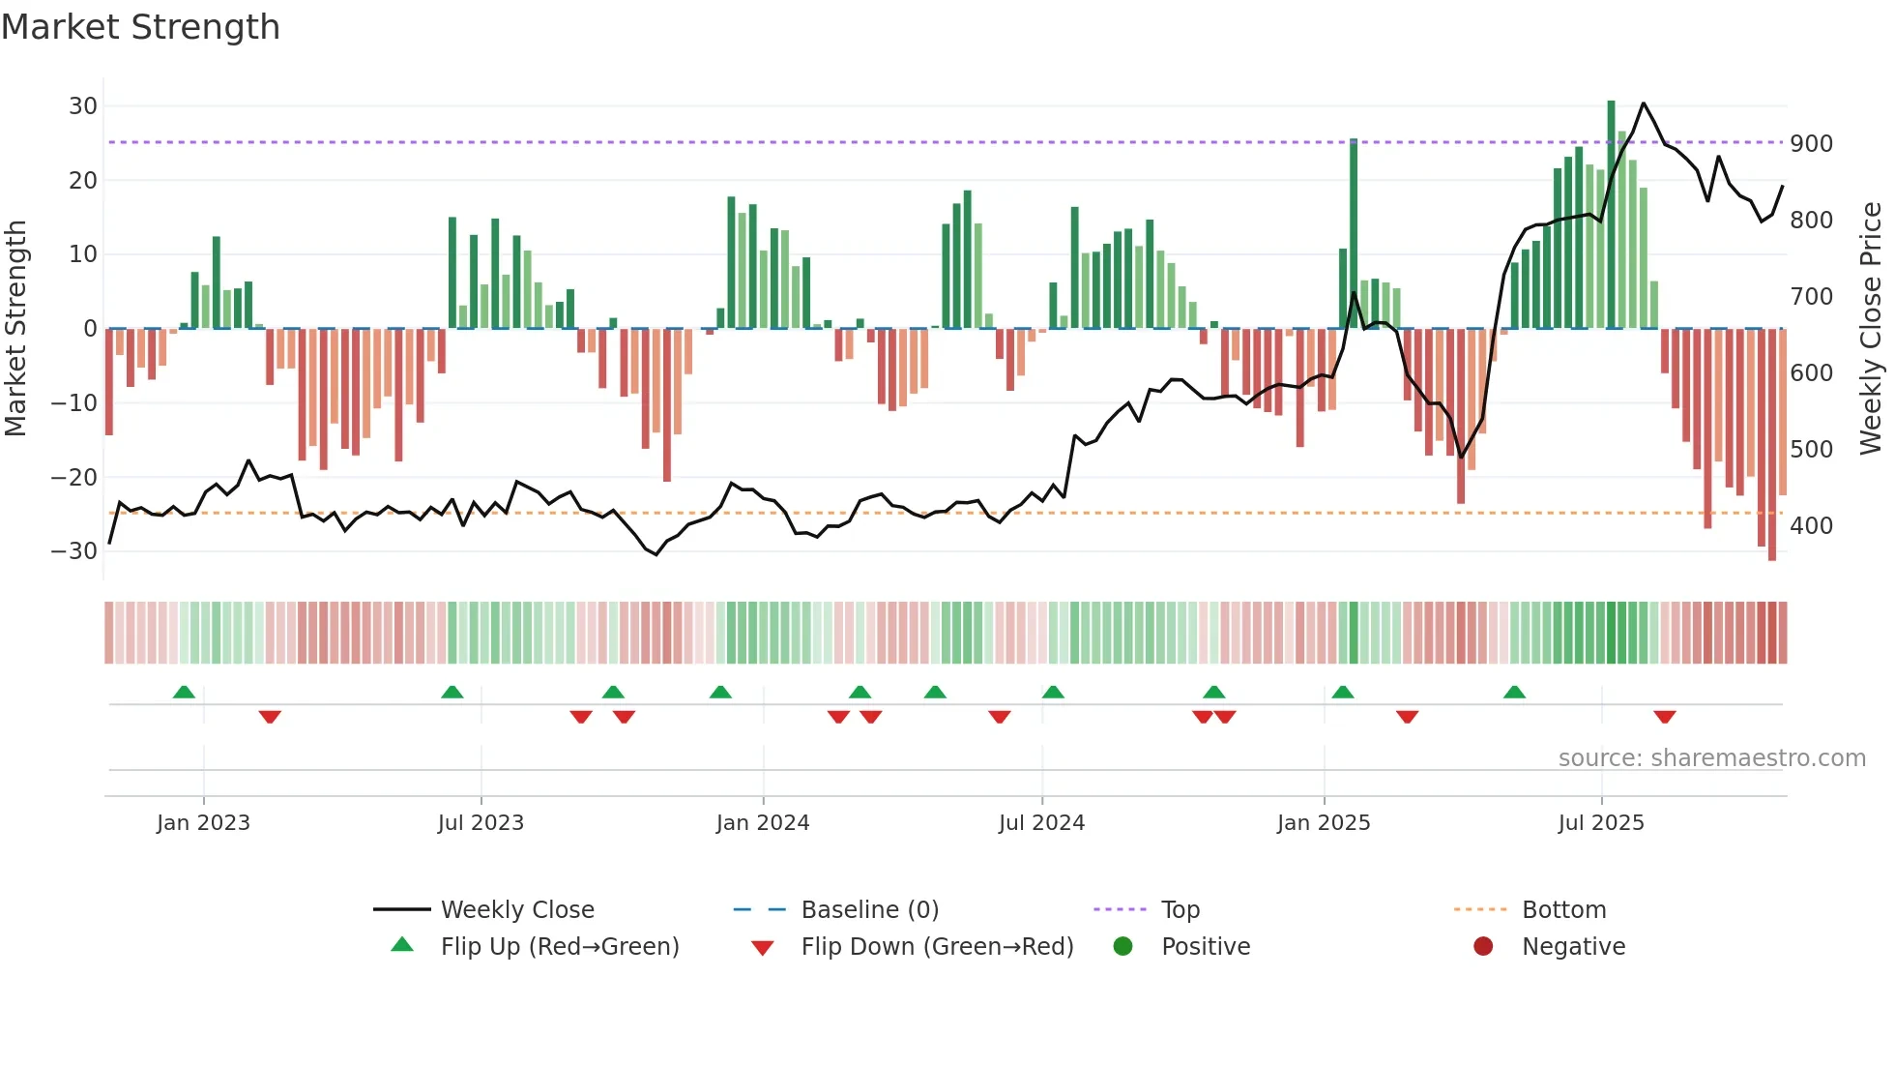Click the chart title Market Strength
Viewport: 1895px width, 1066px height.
140,27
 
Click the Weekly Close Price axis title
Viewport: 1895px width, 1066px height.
1871,328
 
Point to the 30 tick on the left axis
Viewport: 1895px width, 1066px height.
83,106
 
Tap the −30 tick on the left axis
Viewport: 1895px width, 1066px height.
74,551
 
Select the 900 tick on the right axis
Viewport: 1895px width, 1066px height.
1811,144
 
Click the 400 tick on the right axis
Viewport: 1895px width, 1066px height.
1811,526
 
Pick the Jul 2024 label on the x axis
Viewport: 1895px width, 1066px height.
1041,823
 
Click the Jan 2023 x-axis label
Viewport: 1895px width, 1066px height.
203,823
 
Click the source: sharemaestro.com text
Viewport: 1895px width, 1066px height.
1711,758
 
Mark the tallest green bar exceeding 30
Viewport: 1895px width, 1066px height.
1611,213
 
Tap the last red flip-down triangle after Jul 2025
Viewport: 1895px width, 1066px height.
1664,717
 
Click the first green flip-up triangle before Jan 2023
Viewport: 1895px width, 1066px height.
184,692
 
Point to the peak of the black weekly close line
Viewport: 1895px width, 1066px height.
1644,104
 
